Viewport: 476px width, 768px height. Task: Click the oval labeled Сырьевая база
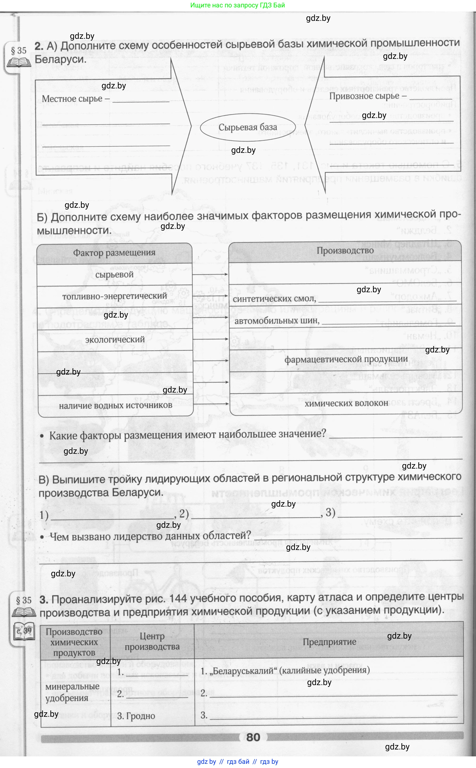click(248, 127)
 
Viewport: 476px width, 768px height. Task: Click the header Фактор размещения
click(114, 253)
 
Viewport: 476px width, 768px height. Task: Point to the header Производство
click(345, 251)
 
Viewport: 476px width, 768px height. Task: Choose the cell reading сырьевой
click(114, 275)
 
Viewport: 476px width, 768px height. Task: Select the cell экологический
click(115, 340)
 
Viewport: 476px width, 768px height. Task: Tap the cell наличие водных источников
click(115, 406)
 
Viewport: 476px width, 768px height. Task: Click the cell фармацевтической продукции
click(346, 359)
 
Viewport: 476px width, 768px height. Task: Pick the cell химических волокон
click(346, 403)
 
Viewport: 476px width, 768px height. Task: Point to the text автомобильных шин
click(277, 321)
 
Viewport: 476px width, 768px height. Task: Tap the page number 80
click(253, 737)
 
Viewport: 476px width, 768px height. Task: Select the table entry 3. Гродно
click(136, 716)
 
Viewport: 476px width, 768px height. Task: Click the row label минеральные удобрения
click(72, 692)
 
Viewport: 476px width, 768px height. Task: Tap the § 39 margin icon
click(24, 632)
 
